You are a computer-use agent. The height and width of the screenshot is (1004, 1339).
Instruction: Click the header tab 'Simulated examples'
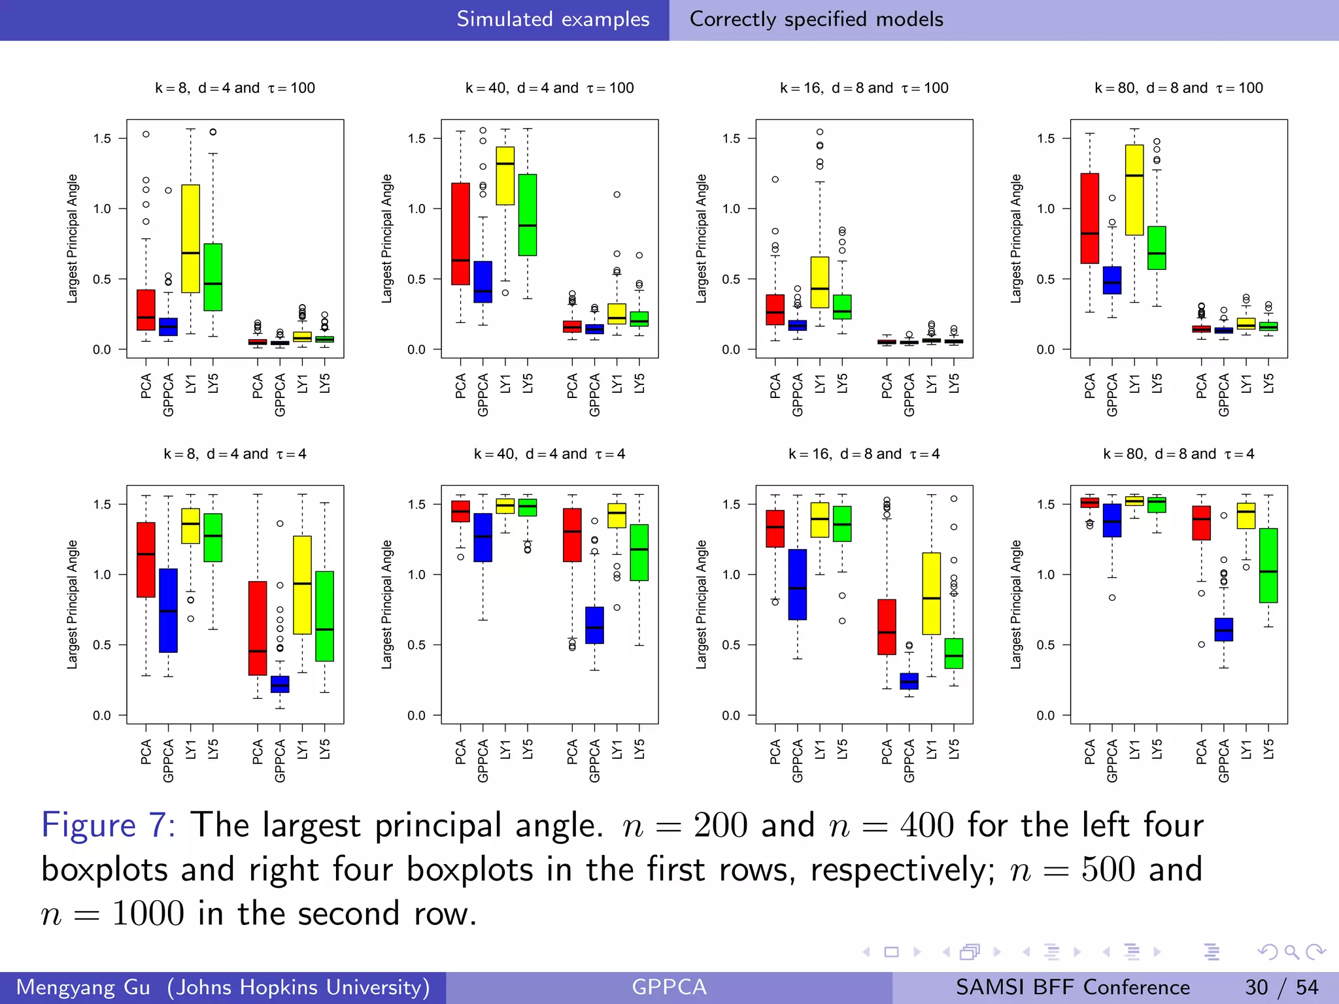pyautogui.click(x=552, y=19)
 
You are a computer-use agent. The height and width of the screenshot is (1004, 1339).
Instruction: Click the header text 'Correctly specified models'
pyautogui.click(x=816, y=19)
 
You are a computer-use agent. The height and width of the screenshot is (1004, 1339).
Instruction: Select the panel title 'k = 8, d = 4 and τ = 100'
pyautogui.click(x=235, y=88)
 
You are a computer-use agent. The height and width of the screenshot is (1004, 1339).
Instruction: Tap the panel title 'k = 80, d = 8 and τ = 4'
pyautogui.click(x=1178, y=454)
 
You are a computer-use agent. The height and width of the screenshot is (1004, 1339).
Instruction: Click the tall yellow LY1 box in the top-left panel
pyautogui.click(x=190, y=239)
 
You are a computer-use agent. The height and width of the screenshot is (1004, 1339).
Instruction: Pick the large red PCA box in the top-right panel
pyautogui.click(x=1089, y=218)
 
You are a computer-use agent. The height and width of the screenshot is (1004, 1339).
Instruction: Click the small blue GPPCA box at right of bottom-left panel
pyautogui.click(x=280, y=684)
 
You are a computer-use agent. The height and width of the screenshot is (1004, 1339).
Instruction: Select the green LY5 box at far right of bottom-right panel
pyautogui.click(x=1268, y=565)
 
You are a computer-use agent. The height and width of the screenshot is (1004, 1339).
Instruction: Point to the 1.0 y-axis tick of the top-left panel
pyautogui.click(x=102, y=209)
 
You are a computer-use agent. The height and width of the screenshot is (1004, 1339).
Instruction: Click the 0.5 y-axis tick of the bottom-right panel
pyautogui.click(x=1046, y=645)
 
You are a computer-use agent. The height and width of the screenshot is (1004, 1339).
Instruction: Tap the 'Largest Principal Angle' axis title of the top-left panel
pyautogui.click(x=72, y=239)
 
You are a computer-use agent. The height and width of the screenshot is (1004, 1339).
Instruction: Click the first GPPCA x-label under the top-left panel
pyautogui.click(x=168, y=395)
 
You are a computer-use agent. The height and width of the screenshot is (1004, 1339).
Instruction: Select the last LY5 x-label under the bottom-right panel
pyautogui.click(x=1268, y=749)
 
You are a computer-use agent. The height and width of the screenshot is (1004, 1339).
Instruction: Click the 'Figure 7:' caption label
pyautogui.click(x=109, y=825)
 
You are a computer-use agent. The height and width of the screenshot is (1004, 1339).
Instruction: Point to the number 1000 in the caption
pyautogui.click(x=148, y=913)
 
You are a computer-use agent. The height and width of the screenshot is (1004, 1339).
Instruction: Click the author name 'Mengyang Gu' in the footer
pyautogui.click(x=83, y=987)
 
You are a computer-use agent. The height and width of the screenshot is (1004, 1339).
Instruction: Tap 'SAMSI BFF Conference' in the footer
pyautogui.click(x=1072, y=987)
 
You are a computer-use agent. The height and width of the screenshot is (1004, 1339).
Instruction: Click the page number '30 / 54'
pyautogui.click(x=1281, y=987)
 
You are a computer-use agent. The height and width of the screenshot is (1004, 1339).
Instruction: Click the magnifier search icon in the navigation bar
pyautogui.click(x=1291, y=952)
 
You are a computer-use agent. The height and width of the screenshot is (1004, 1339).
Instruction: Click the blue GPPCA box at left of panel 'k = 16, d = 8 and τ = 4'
pyautogui.click(x=797, y=584)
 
